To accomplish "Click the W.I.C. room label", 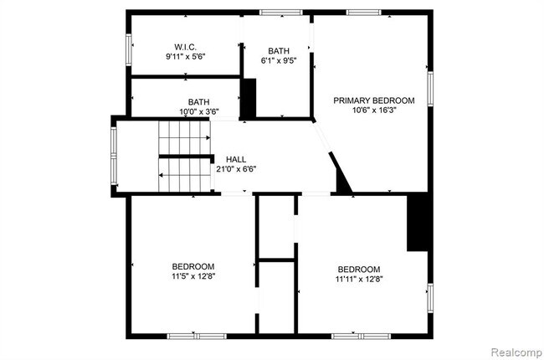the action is pos(185,47).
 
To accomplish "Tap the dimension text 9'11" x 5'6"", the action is pos(185,56).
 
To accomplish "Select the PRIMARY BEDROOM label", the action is pos(374,100).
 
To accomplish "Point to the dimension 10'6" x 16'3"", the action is pos(374,110).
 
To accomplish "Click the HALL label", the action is pos(236,159).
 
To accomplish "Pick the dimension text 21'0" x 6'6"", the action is pos(236,169).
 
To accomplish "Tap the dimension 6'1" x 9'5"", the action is pos(279,60).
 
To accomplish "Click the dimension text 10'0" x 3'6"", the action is pos(199,112).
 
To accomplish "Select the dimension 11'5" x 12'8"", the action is pos(193,276).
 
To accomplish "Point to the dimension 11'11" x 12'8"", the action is pos(359,279).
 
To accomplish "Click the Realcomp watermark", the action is pos(516,352).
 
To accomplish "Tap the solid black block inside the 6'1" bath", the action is pos(249,99).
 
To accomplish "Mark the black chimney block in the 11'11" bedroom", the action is pos(418,222).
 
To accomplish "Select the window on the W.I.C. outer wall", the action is pos(129,49).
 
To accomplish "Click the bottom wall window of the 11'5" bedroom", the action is pos(197,336).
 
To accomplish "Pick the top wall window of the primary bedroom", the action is pos(363,13).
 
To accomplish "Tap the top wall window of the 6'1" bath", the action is pos(281,13).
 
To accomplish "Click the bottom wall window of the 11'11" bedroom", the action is pos(361,336).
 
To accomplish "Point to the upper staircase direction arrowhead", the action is pos(208,138).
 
